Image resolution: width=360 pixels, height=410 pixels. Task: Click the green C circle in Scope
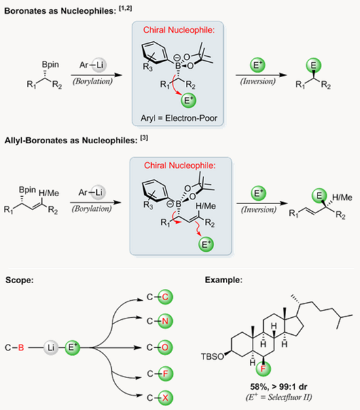click(x=165, y=297)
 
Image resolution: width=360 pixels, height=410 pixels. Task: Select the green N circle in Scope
click(x=165, y=321)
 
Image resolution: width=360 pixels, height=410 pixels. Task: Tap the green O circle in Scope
click(x=165, y=347)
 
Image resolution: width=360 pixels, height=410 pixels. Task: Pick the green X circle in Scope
click(x=165, y=398)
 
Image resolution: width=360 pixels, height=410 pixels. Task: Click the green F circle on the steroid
click(x=263, y=369)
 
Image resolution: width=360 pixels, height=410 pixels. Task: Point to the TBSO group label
click(x=212, y=356)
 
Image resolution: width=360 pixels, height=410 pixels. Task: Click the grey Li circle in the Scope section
click(x=51, y=347)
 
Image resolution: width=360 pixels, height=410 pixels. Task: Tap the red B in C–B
click(x=21, y=347)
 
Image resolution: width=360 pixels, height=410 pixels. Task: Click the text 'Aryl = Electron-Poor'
click(x=179, y=118)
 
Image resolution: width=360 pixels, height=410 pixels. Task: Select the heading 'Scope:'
click(x=20, y=280)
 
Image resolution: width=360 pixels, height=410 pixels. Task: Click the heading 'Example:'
click(x=224, y=280)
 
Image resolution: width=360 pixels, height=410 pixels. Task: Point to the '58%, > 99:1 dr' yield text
click(x=279, y=386)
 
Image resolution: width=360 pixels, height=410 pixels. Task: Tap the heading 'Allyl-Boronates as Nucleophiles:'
click(x=71, y=141)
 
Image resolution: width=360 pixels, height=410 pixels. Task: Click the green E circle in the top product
click(x=314, y=65)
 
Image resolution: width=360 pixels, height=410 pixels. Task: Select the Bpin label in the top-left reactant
click(x=50, y=65)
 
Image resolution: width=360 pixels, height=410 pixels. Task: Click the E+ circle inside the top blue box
click(x=189, y=101)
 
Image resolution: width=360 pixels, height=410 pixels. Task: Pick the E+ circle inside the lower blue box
click(x=206, y=245)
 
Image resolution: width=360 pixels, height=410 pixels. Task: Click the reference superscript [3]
click(x=144, y=137)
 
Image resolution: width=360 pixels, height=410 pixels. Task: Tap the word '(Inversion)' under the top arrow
click(x=258, y=81)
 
